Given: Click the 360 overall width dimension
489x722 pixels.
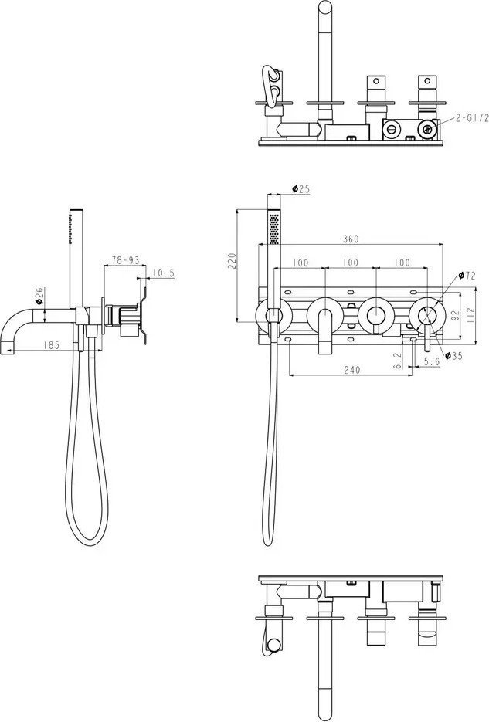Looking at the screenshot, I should [x=350, y=239].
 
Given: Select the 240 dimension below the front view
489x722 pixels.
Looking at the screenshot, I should [x=351, y=369].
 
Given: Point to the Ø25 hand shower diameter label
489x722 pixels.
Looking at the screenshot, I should [x=301, y=188].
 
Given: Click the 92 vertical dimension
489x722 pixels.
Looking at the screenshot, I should [x=456, y=314].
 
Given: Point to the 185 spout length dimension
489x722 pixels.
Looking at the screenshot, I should [x=53, y=345].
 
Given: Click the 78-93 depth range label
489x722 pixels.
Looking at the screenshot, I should [x=124, y=261].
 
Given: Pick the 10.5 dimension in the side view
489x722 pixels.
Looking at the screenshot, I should [x=162, y=273].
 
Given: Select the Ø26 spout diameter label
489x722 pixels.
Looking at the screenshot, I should [x=39, y=294].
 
